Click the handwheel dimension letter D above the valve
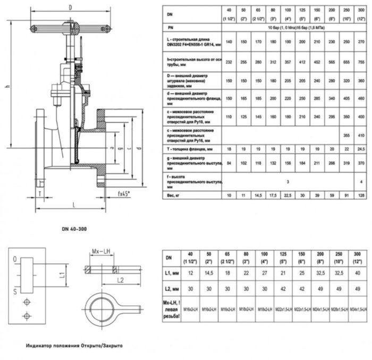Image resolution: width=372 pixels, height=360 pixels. pyautogui.click(x=70, y=7)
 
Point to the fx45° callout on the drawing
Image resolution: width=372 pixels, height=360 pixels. pyautogui.click(x=124, y=195)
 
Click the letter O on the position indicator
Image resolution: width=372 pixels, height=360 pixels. pyautogui.click(x=15, y=258)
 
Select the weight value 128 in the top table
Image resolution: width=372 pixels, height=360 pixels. pyautogui.click(x=361, y=196)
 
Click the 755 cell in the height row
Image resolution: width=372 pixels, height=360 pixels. pyautogui.click(x=361, y=62)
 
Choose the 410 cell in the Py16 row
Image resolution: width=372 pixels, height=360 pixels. pyautogui.click(x=361, y=136)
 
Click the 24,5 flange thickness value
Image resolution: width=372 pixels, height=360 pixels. pyautogui.click(x=361, y=149)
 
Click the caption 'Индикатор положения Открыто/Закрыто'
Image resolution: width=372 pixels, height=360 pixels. pyautogui.click(x=74, y=346)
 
